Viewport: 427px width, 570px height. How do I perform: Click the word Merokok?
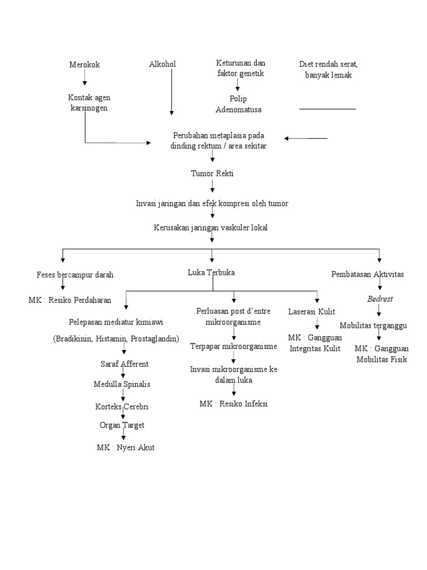click(x=85, y=65)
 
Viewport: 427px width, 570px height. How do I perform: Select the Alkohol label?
click(x=162, y=64)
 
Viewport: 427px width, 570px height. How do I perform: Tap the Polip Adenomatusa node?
click(x=239, y=104)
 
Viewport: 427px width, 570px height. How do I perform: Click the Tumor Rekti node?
click(x=212, y=174)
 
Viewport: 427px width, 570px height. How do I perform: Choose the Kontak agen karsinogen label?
click(x=89, y=103)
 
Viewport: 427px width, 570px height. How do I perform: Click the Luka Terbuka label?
click(x=211, y=273)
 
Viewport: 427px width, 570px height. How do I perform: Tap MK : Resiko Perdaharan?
click(x=70, y=300)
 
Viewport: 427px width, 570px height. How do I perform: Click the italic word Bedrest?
click(x=380, y=299)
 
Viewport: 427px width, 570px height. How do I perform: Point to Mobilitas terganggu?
click(x=374, y=325)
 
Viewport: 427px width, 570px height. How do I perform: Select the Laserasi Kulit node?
click(x=311, y=311)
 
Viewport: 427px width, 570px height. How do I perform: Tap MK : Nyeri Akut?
click(x=125, y=447)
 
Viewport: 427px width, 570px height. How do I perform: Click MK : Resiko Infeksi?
click(x=234, y=404)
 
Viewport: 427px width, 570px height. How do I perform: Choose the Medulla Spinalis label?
click(x=122, y=384)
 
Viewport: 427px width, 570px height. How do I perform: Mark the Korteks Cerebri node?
click(x=122, y=406)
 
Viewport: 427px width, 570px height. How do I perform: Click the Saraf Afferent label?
click(x=124, y=363)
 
